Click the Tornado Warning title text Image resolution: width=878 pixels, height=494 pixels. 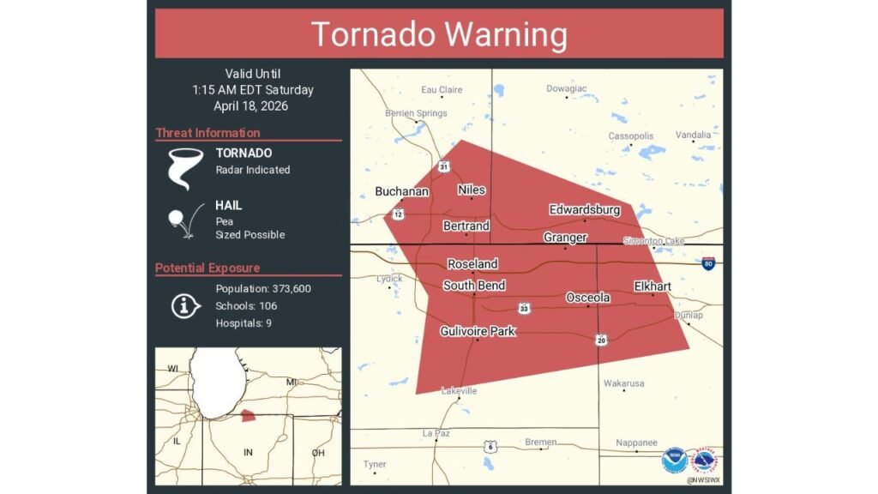click(438, 34)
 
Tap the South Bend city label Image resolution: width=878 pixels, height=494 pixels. click(474, 286)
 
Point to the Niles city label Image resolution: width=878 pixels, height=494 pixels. click(472, 190)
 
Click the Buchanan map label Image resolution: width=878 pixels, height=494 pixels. click(401, 191)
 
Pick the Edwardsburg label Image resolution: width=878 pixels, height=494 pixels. click(584, 210)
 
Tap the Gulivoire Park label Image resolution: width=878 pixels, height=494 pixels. click(478, 331)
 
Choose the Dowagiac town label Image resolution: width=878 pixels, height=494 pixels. click(567, 88)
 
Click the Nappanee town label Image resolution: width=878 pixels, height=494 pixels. click(636, 443)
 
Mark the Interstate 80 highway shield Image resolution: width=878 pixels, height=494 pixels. click(708, 263)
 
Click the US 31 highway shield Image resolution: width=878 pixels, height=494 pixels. click(442, 166)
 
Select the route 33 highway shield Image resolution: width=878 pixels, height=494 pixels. click(522, 307)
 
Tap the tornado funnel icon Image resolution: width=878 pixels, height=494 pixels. click(184, 167)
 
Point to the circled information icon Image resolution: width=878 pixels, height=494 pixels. click(185, 306)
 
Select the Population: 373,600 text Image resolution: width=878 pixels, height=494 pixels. click(263, 289)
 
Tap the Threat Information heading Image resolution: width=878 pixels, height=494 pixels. click(207, 133)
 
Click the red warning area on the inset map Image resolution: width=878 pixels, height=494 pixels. click(247, 415)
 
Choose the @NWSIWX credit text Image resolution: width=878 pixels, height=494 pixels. click(702, 480)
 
